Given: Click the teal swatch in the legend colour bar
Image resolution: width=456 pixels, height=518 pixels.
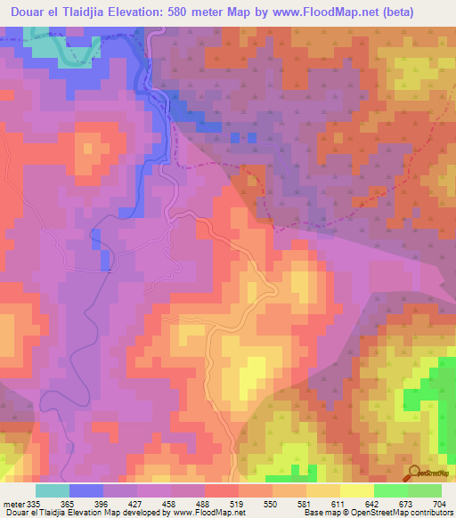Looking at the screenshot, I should click(53, 490).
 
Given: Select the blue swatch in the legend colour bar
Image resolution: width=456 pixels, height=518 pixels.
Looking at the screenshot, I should click(86, 490).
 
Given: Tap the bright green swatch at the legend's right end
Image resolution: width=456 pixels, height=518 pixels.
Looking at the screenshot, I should click(425, 490).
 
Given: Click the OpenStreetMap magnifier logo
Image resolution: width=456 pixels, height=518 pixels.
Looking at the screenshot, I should click(416, 473).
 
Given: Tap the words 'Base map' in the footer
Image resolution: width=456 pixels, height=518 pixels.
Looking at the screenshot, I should click(321, 513).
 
